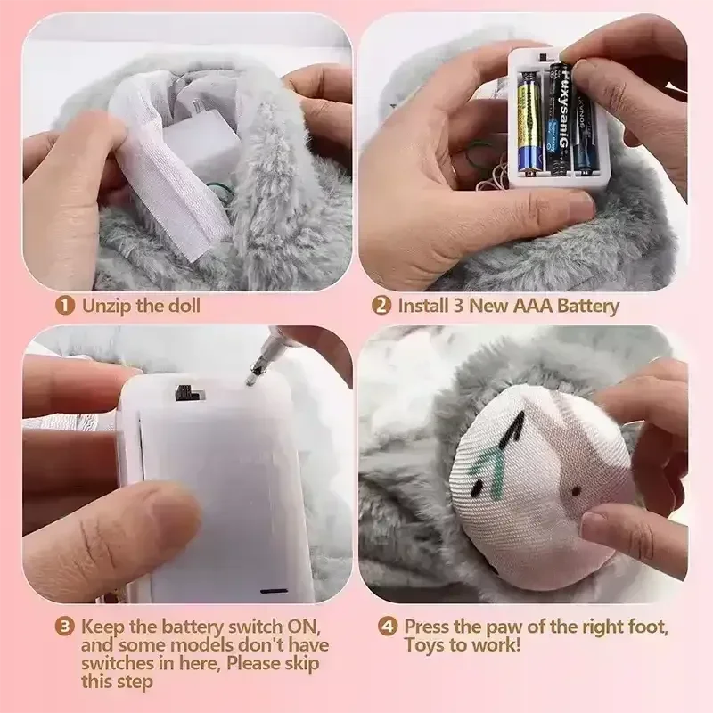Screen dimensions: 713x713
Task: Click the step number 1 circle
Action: [x=65, y=306]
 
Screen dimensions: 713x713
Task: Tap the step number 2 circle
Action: [x=381, y=306]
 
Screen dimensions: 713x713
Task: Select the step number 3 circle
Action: [x=65, y=627]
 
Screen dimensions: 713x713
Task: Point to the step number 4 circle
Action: [x=388, y=627]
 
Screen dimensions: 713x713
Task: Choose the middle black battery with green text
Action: [x=558, y=116]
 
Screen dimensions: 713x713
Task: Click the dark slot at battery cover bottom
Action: [x=274, y=589]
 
